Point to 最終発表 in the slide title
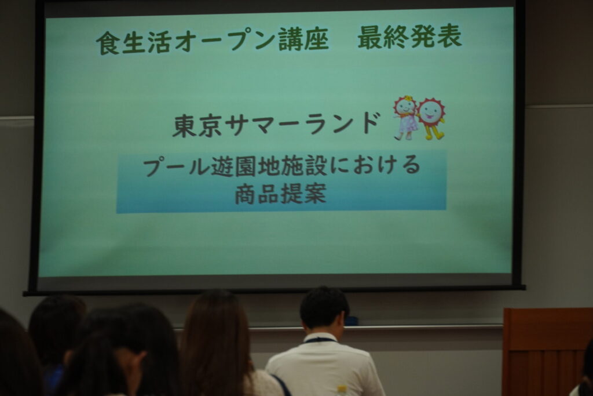click(x=409, y=37)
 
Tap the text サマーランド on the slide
click(x=301, y=124)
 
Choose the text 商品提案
click(x=280, y=194)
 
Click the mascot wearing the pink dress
click(x=406, y=118)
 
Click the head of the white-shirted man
click(x=324, y=308)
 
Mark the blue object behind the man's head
click(x=352, y=321)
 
